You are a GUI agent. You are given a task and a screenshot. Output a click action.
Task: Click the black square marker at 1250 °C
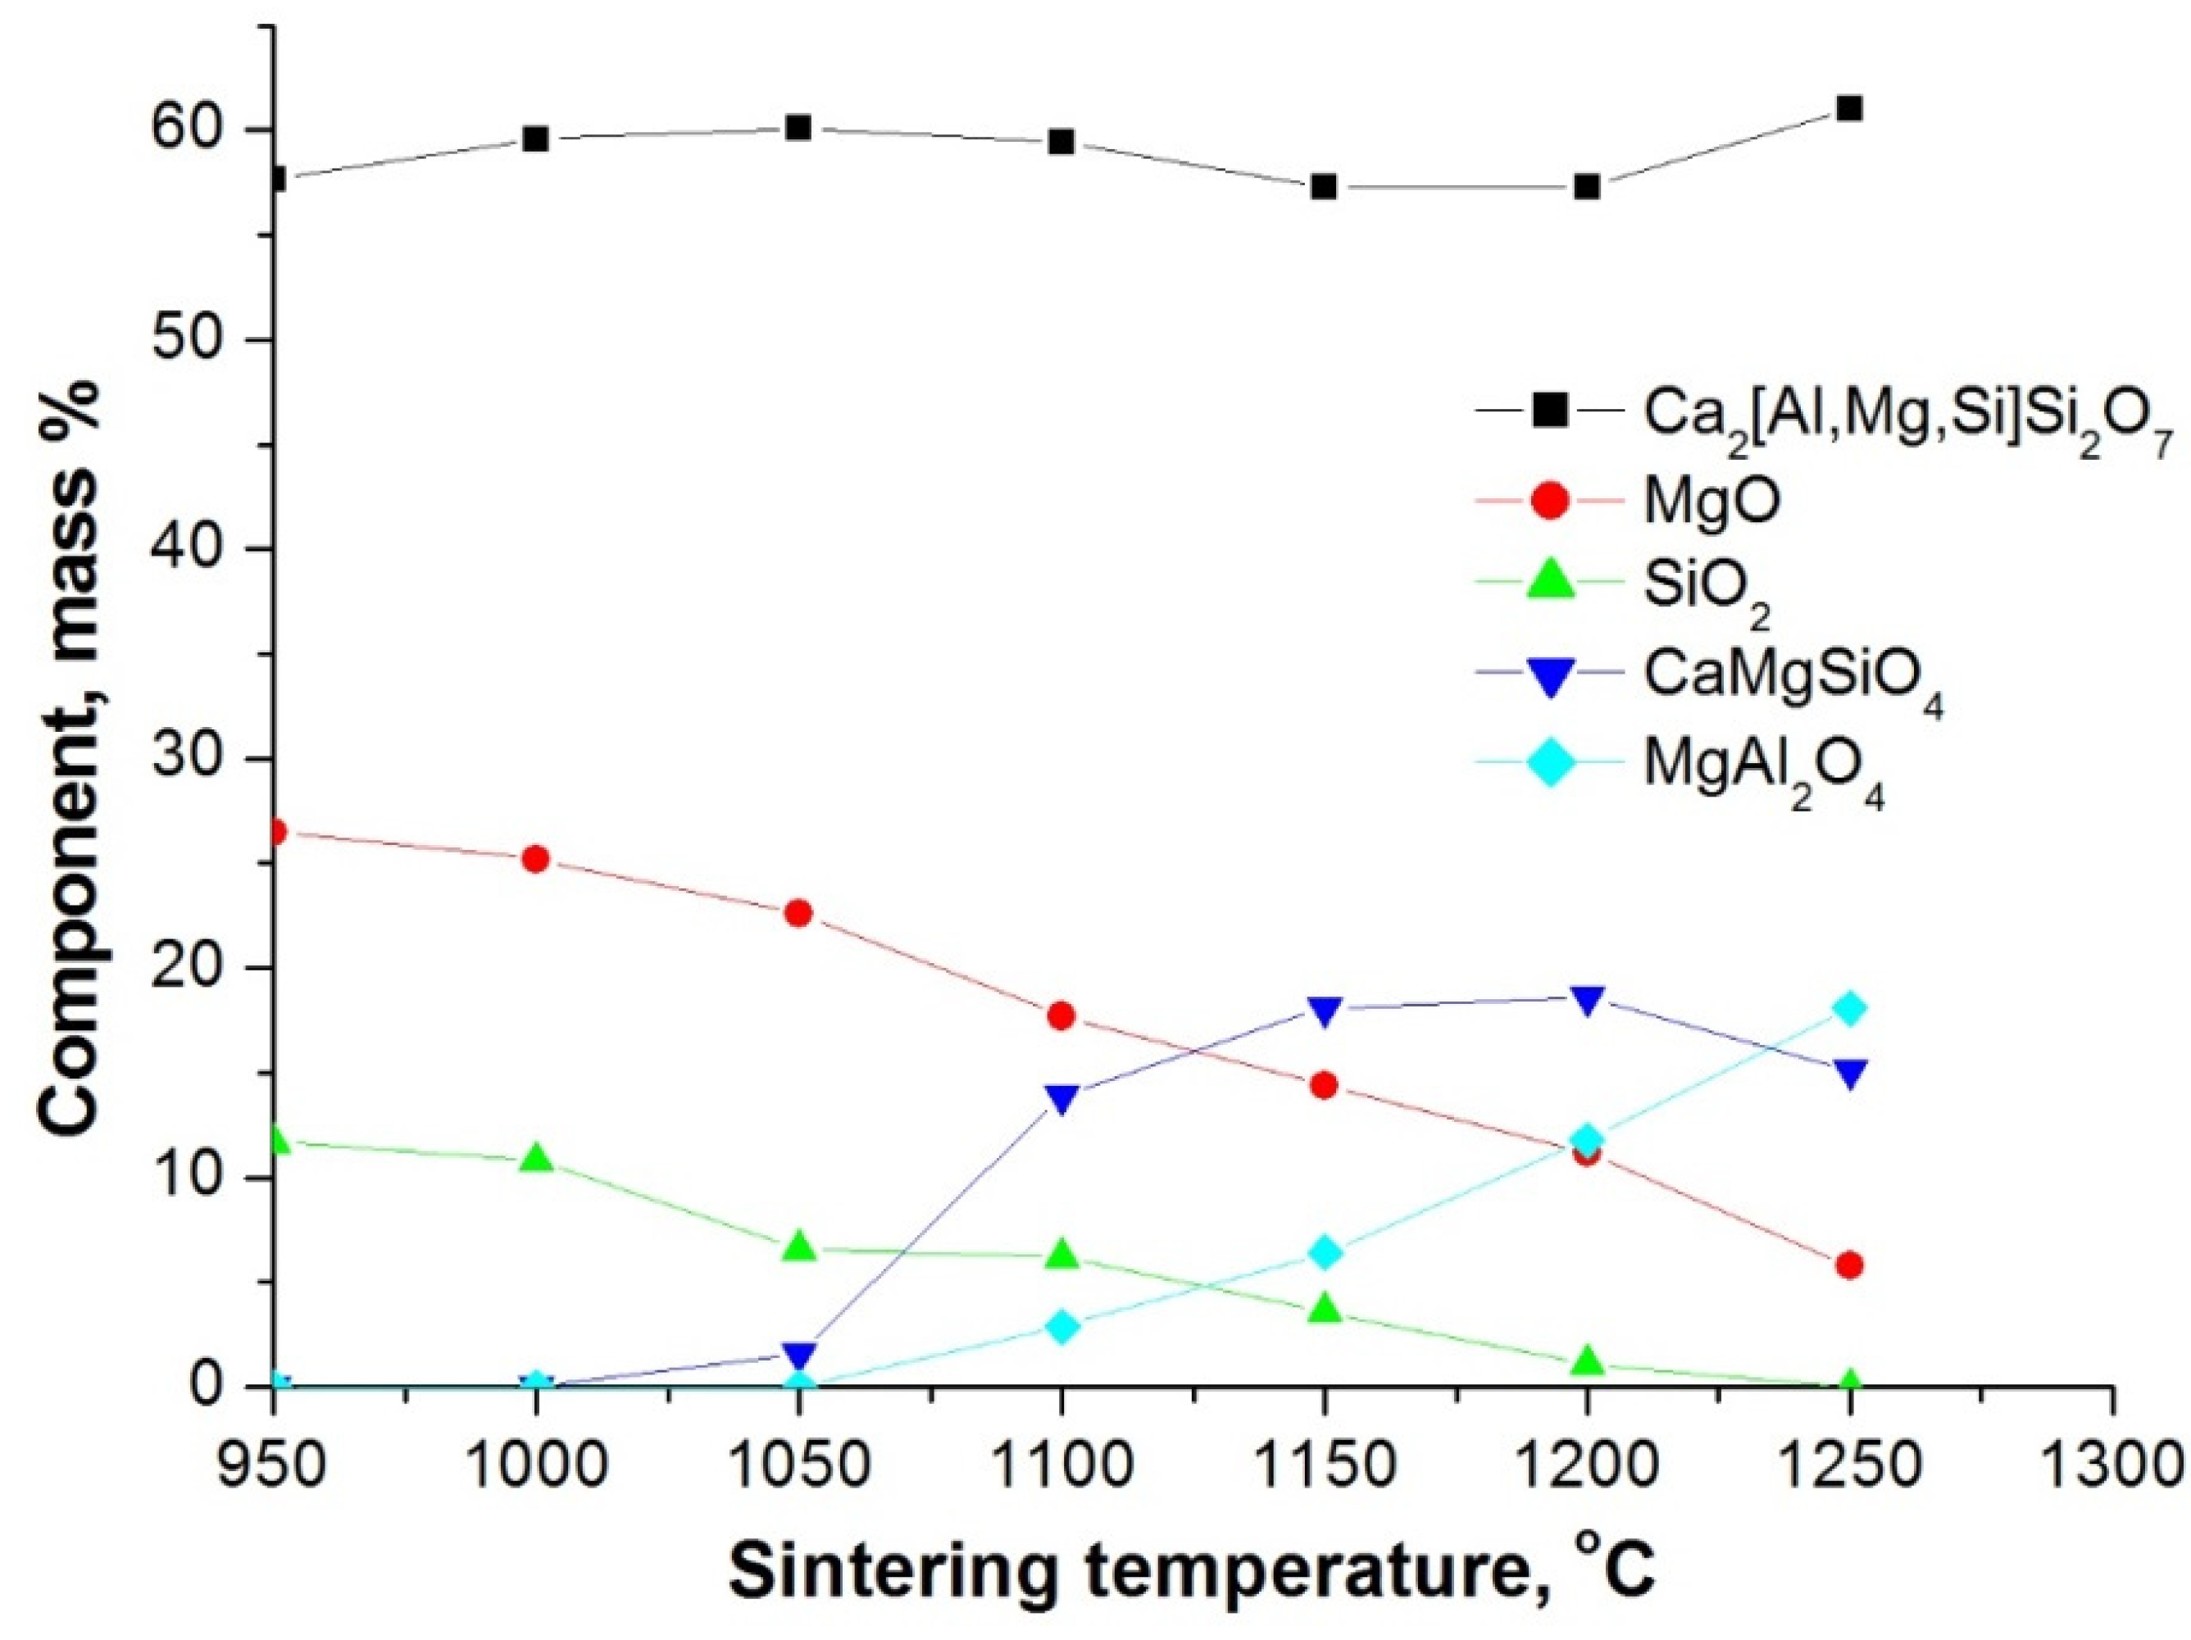pyautogui.click(x=1848, y=109)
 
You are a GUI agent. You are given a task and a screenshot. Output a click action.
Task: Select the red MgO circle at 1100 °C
pyautogui.click(x=1061, y=1016)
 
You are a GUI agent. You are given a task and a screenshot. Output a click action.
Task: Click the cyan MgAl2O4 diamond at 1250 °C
pyautogui.click(x=1848, y=1009)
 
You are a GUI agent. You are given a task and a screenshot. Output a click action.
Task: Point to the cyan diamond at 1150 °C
pyautogui.click(x=1325, y=1254)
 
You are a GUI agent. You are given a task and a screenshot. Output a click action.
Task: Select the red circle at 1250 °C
pyautogui.click(x=1848, y=1265)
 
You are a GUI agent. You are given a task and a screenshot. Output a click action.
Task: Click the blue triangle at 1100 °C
pyautogui.click(x=1061, y=1099)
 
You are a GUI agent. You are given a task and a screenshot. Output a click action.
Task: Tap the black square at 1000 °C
pyautogui.click(x=536, y=139)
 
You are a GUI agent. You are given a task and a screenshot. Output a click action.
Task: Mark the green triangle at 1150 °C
pyautogui.click(x=1325, y=1311)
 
